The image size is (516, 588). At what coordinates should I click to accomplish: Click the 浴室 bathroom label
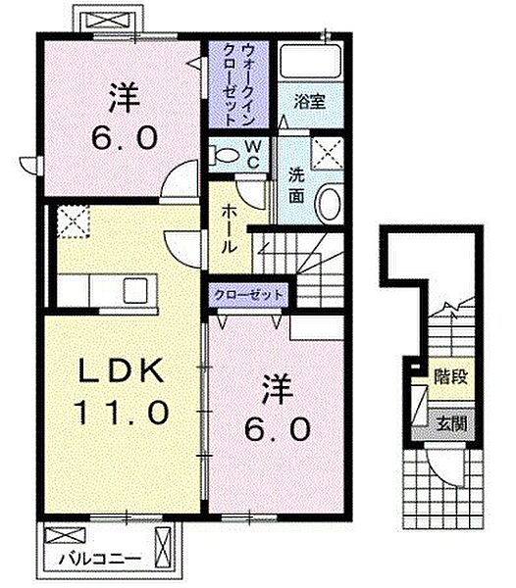310,102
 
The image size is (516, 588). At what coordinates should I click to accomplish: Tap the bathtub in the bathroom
311,61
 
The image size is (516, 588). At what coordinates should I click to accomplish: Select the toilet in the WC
225,156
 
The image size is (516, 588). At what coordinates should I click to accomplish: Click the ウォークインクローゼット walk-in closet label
238,83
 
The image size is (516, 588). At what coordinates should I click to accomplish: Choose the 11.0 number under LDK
122,411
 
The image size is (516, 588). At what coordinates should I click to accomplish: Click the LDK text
121,371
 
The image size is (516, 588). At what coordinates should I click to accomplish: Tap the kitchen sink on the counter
135,291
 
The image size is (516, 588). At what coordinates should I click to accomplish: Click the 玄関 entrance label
452,424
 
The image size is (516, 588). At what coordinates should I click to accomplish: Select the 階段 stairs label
451,377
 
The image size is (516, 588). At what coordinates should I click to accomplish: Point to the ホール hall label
230,229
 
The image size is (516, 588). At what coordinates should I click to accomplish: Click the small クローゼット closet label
248,295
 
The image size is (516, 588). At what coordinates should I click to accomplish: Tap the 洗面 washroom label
296,187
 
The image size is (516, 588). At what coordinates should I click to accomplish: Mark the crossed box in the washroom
328,153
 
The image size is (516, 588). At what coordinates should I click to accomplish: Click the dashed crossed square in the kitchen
74,221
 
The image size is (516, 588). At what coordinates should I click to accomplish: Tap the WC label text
253,155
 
